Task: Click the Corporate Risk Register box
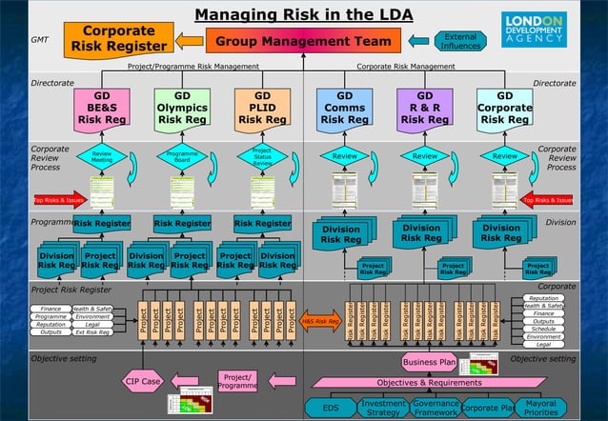pos(118,38)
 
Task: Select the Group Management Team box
pos(303,41)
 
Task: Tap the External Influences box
pos(460,41)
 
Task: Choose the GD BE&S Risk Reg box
pos(102,109)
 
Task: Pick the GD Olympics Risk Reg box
pos(182,109)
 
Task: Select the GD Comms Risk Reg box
pos(343,109)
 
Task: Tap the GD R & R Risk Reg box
pos(424,109)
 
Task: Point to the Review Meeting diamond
pos(101,157)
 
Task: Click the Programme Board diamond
pos(181,157)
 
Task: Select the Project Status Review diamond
pos(262,157)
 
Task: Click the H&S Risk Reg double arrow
pos(320,322)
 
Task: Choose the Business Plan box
pos(430,362)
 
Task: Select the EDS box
pos(331,408)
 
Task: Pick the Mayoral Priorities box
pos(540,407)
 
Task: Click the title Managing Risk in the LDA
pos(303,14)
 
